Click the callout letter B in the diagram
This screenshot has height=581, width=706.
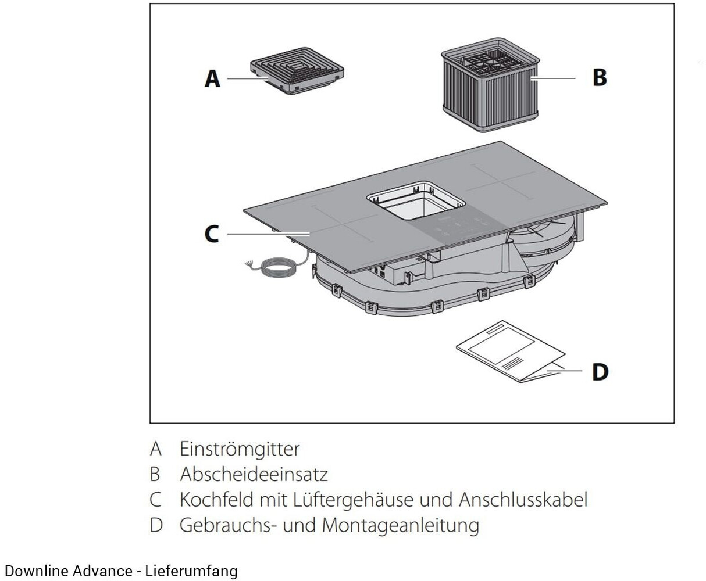click(x=599, y=77)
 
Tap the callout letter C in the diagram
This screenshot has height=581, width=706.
click(x=212, y=234)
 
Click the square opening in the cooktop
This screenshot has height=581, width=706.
click(x=415, y=201)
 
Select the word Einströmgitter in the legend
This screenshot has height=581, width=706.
click(x=240, y=449)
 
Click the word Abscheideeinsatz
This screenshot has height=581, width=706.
click(x=254, y=474)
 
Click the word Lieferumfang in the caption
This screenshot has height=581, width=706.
click(x=191, y=571)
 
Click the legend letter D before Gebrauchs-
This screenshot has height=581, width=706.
click(x=156, y=525)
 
